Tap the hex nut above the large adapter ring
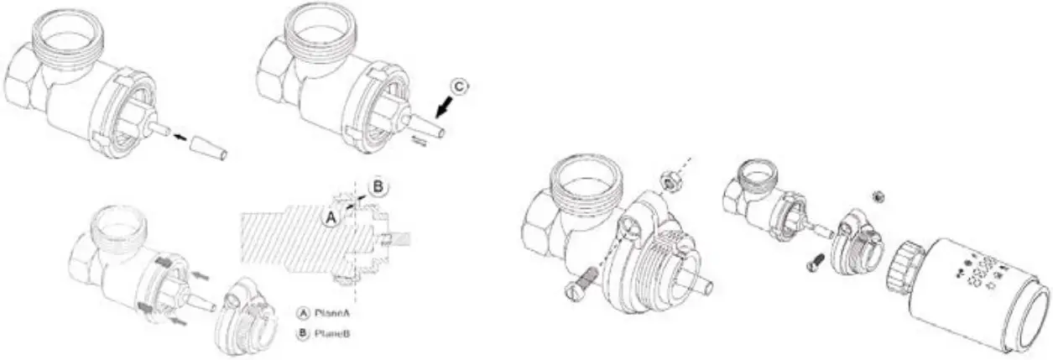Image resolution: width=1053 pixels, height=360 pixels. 670,180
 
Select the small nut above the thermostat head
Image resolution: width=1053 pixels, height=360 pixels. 878,196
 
